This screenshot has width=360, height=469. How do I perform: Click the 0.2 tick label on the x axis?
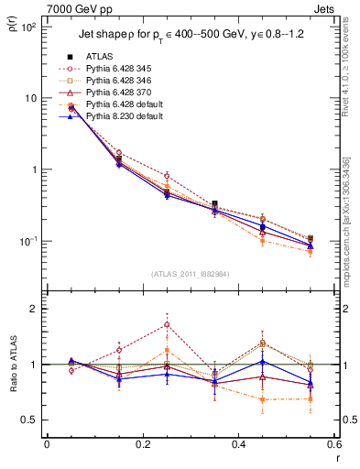coord(142,444)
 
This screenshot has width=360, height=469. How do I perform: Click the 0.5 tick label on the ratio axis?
coord(31,420)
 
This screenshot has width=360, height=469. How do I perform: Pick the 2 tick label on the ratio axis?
coord(37,309)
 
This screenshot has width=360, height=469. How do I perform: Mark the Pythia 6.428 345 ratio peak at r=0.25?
coord(167,324)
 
